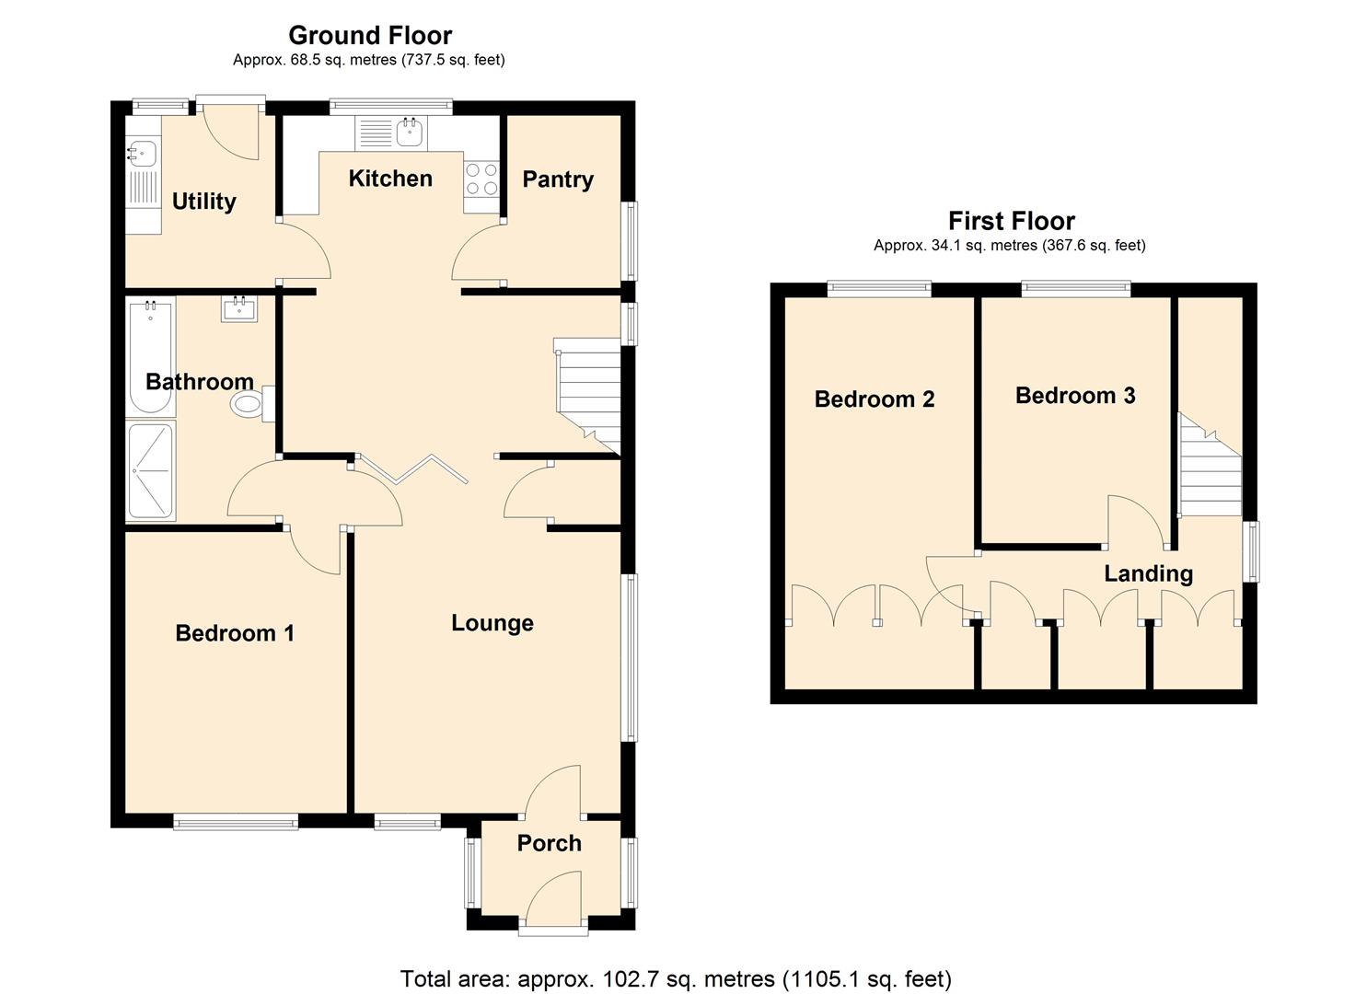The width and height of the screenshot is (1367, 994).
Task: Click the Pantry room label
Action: (x=557, y=179)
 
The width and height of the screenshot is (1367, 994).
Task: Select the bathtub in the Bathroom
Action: (x=150, y=357)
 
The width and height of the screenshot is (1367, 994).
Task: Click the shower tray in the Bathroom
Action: (x=150, y=470)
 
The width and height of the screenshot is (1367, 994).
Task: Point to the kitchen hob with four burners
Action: (x=481, y=179)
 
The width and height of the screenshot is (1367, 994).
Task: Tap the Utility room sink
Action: (x=140, y=153)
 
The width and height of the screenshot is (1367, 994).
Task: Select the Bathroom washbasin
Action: (x=239, y=308)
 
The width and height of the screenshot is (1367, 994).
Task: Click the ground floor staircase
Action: (x=587, y=391)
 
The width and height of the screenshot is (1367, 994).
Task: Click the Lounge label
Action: (x=492, y=623)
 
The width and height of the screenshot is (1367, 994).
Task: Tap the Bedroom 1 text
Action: (x=235, y=633)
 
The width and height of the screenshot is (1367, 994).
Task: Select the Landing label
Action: (x=1148, y=573)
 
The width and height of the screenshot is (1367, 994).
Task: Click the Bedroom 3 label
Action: (x=1074, y=396)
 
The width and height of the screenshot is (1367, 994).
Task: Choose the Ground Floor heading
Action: (x=370, y=35)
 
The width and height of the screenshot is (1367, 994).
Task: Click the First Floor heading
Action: (x=1011, y=221)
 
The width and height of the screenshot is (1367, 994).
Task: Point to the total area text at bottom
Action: (x=676, y=978)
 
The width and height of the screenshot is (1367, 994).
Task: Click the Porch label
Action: (x=549, y=843)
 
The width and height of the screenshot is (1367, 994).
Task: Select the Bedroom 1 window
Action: (x=236, y=822)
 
